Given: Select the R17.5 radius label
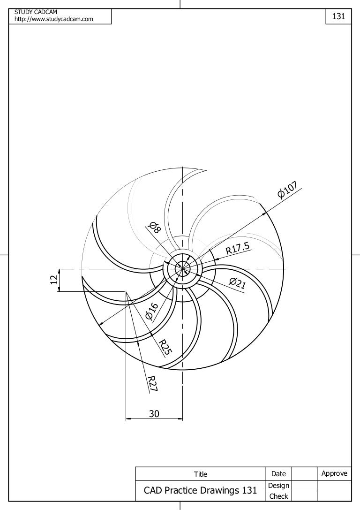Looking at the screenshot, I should (238, 248).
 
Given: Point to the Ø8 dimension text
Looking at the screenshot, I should (154, 227).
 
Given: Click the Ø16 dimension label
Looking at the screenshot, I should (152, 311).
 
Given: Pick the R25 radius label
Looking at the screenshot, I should (165, 347).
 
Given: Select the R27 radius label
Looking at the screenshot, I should (152, 383).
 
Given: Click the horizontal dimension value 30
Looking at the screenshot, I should (154, 413).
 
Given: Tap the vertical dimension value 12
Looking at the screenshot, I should (53, 280).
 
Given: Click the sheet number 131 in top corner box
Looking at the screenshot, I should (338, 16).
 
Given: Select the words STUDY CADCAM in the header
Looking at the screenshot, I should (36, 12).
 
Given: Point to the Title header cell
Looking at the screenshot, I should (200, 474).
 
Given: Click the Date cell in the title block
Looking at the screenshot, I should (278, 474).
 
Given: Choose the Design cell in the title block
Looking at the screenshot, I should (278, 486).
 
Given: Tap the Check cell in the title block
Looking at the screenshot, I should (278, 496).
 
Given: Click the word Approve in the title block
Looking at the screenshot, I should (334, 473).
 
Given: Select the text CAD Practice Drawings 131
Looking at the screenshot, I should (200, 491).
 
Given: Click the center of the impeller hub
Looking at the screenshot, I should (182, 269).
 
